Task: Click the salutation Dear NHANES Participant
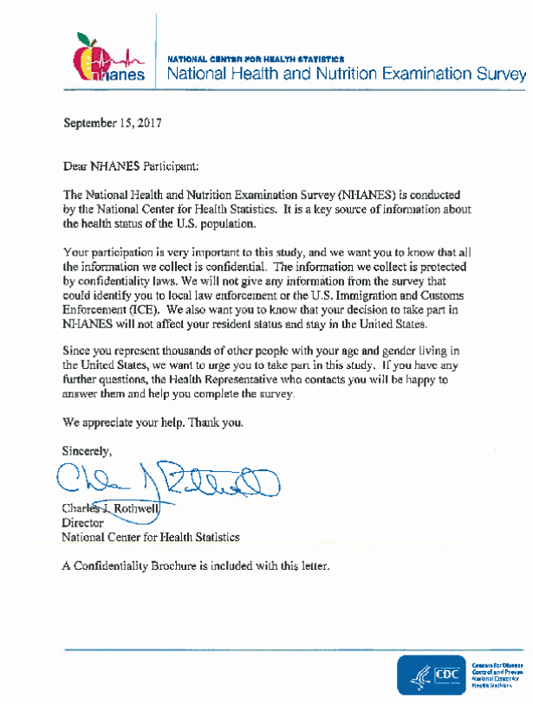coord(130,164)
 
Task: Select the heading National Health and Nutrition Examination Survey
coord(346,74)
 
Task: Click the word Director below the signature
coord(82,523)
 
